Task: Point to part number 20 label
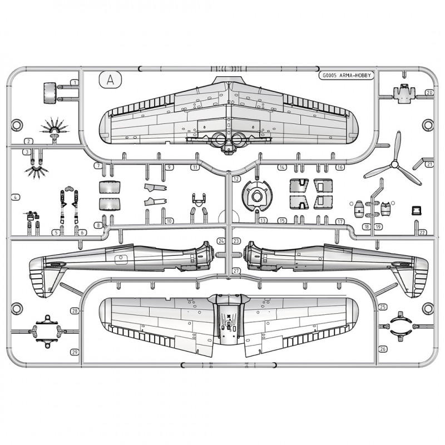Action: (429, 92)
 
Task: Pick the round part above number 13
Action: (256, 196)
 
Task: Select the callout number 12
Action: (236, 179)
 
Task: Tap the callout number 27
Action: (236, 270)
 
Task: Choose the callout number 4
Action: (15, 197)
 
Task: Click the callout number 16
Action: (340, 167)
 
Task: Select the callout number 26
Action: (383, 349)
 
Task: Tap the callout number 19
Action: (378, 226)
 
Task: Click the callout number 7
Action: (97, 166)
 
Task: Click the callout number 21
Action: (429, 164)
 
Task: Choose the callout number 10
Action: (169, 221)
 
